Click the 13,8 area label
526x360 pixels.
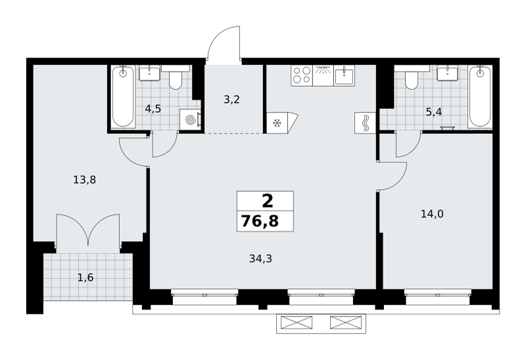[85, 181]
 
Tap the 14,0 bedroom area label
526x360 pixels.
[432, 214]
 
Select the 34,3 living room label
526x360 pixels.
[260, 258]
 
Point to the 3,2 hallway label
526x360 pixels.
[232, 100]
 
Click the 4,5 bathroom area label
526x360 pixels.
[153, 108]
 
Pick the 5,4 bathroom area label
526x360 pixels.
[434, 112]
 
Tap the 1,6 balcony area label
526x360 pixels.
[85, 277]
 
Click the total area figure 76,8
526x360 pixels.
[260, 221]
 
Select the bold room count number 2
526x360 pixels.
[268, 202]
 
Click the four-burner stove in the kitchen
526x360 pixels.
[302, 76]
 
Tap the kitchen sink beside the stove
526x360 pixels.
[345, 76]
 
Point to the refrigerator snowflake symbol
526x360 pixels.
[277, 124]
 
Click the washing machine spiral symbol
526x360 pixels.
[190, 119]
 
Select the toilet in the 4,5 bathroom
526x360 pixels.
[176, 78]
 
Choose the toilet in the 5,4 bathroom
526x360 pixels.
[412, 78]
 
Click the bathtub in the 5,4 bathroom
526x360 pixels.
[481, 97]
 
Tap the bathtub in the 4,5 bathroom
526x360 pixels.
[124, 97]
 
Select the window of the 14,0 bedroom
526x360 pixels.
[438, 297]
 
